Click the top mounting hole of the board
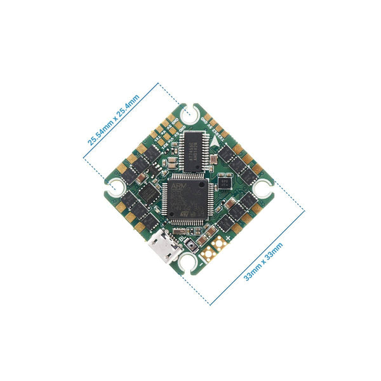[190, 114]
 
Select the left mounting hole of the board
[116, 187]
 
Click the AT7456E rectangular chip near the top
[193, 150]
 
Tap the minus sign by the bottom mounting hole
[202, 258]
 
